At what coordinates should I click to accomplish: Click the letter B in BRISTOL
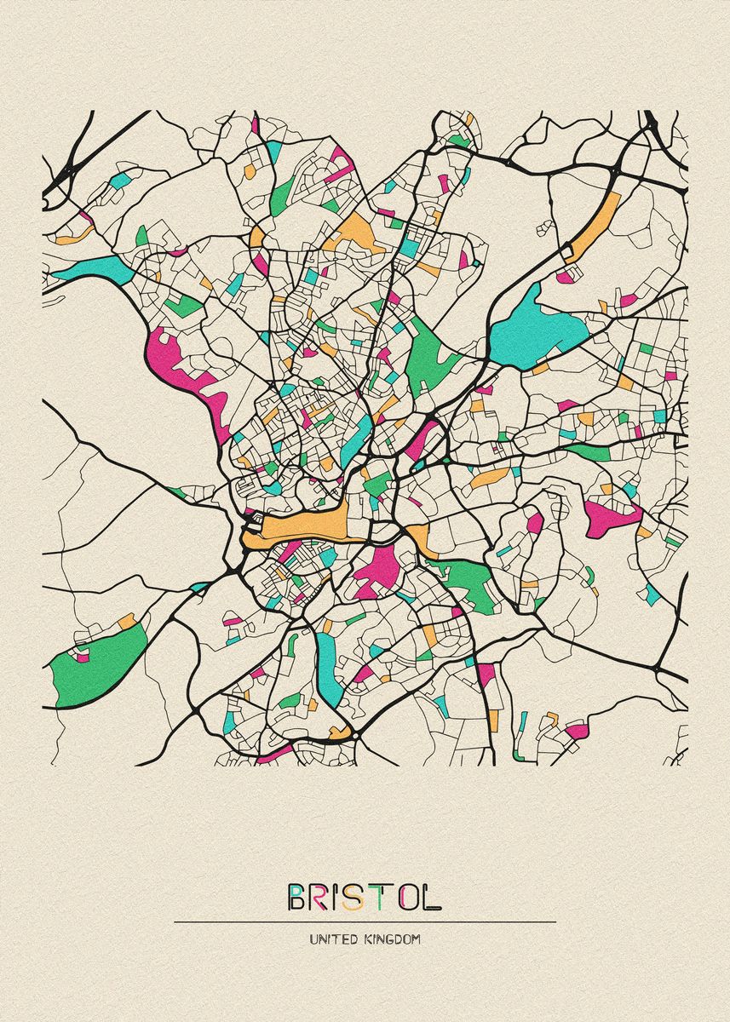point(298,898)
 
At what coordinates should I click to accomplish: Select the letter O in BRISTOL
point(406,898)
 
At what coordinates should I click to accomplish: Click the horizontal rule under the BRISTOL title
point(365,922)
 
